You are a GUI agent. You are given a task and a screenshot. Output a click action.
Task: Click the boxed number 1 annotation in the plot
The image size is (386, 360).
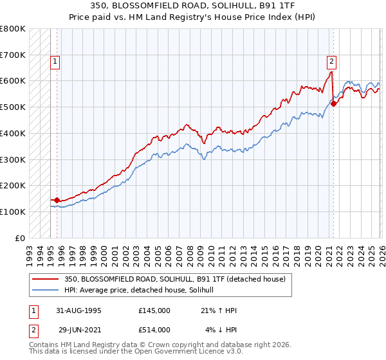[56, 62]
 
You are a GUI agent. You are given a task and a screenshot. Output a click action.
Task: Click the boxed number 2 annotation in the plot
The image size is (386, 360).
[331, 62]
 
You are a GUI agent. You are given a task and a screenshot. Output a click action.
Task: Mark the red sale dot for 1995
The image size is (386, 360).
[57, 200]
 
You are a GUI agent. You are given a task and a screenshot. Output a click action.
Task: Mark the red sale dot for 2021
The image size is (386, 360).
[334, 104]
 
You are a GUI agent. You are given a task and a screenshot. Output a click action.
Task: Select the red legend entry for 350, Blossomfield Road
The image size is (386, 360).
[179, 279]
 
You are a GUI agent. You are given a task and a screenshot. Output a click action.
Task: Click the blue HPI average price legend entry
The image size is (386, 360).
[143, 290]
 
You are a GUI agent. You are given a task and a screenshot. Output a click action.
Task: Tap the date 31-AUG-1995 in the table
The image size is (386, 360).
[78, 310]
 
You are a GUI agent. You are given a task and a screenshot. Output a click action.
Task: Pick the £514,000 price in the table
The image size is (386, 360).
[154, 330]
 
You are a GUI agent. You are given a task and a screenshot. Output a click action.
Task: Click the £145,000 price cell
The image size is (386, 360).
[154, 310]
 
